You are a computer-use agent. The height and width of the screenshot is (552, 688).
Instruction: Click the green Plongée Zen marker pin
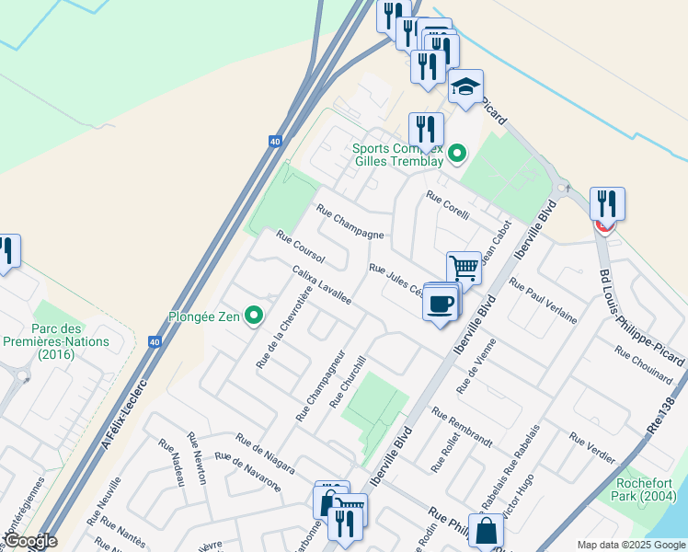256,316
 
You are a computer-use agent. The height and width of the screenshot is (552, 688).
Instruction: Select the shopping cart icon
464,269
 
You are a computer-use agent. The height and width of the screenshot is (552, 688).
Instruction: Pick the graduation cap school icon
466,88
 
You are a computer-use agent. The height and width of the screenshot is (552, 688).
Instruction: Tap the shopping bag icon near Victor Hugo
487,531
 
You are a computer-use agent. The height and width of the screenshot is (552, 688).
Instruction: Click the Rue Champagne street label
350,222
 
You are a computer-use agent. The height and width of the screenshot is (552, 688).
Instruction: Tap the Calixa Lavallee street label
321,286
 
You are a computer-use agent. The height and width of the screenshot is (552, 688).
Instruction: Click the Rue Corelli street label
448,206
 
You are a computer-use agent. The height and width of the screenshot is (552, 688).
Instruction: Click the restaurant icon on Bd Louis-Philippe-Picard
607,202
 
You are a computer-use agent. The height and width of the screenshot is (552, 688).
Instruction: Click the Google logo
30,542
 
